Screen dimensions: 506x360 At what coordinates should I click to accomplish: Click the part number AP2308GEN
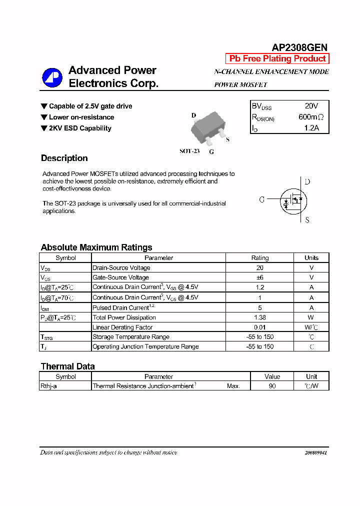point(299,47)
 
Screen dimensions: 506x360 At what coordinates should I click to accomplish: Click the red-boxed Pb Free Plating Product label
point(277,58)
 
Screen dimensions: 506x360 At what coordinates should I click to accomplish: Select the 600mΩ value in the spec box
point(311,117)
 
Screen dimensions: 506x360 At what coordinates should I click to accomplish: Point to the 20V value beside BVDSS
point(311,106)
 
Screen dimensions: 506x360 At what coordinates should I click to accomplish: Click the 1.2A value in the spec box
point(311,128)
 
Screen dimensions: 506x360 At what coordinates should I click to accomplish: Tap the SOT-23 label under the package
point(189,151)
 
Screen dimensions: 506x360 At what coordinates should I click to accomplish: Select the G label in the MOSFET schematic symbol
point(262,199)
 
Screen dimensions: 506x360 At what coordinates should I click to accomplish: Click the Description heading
point(64,158)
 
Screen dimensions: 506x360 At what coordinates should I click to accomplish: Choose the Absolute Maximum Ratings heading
point(96,247)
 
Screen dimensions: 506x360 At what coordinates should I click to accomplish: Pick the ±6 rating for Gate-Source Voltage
point(259,277)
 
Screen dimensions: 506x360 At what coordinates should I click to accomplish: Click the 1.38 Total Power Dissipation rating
point(259,317)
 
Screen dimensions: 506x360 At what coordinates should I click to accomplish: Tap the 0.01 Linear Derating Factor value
point(259,327)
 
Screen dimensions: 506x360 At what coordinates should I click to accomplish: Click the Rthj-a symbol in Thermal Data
point(48,386)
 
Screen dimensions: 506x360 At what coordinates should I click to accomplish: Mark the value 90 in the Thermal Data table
point(272,386)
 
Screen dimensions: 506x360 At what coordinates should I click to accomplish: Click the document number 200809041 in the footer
point(315,452)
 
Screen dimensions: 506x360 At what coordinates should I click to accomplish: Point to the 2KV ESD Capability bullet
point(80,128)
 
